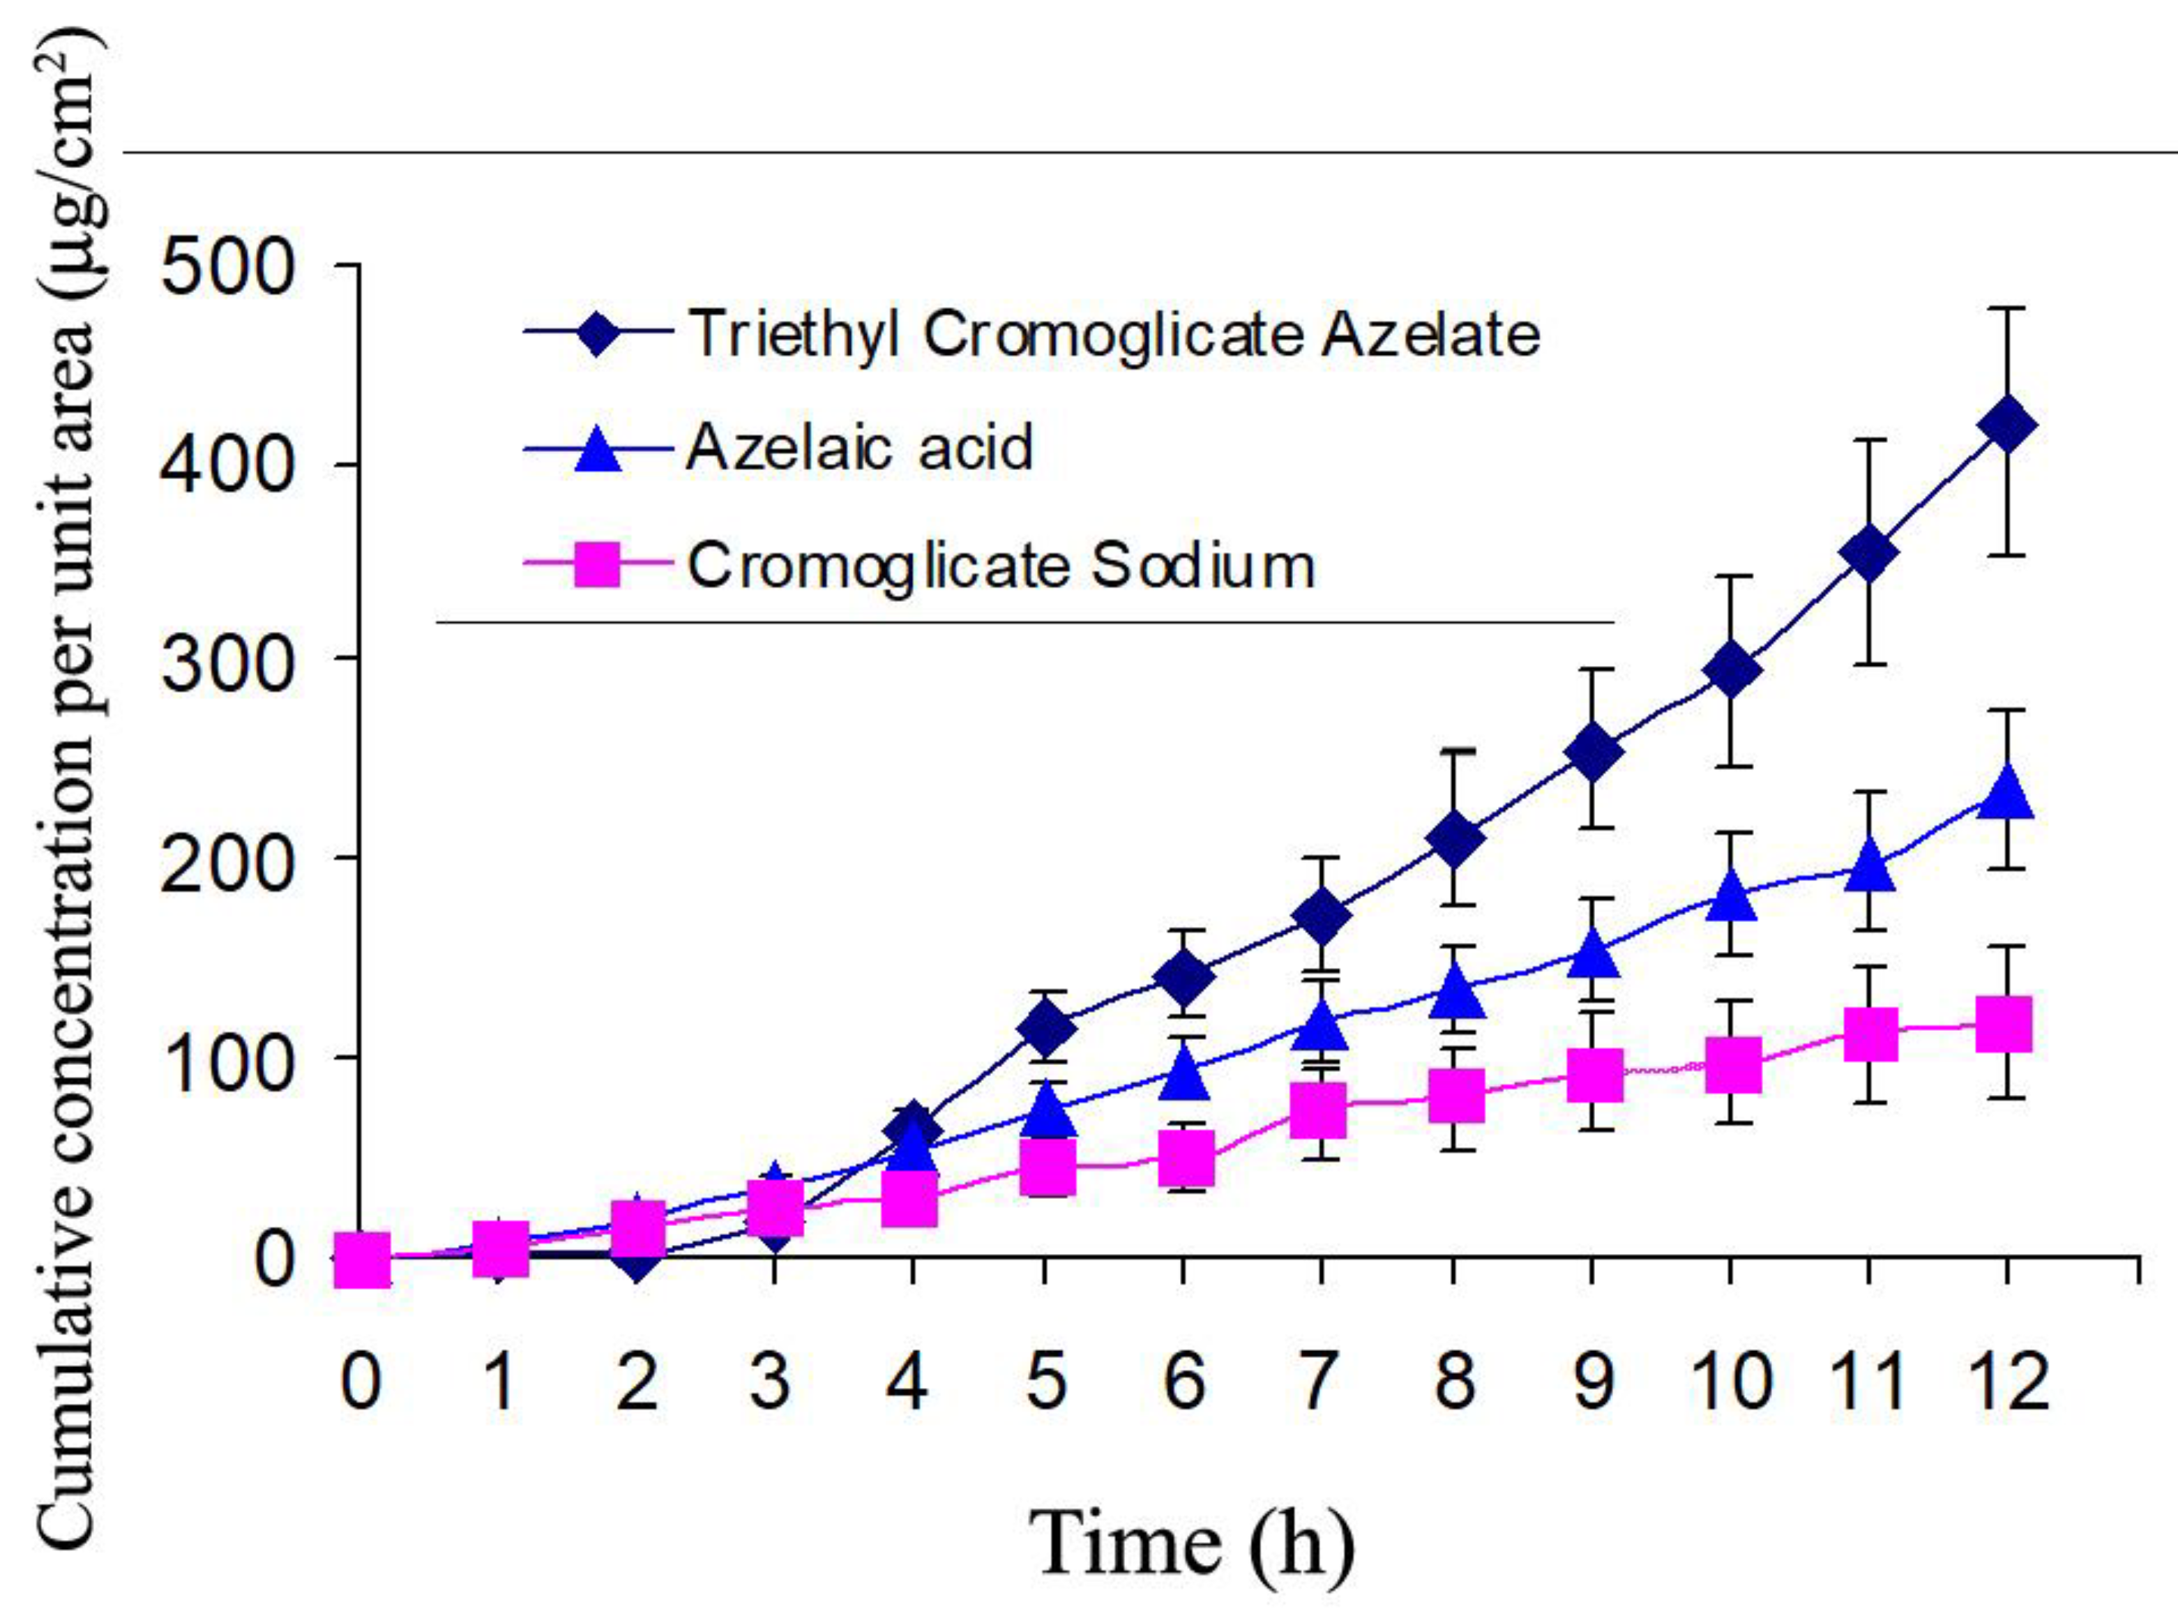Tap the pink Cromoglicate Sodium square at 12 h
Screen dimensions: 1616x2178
[x=2004, y=1024]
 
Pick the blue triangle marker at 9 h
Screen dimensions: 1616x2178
[x=1592, y=953]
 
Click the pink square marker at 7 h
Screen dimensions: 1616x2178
[x=1317, y=1110]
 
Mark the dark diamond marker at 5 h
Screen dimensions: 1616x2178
[x=1045, y=1028]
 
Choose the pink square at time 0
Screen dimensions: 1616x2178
[x=362, y=1258]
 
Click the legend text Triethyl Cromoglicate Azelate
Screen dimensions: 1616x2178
[x=1113, y=335]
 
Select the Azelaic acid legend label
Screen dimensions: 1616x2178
[x=859, y=448]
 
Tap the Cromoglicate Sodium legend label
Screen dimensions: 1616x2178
[x=1001, y=566]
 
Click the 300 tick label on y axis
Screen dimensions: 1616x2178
[x=227, y=665]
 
